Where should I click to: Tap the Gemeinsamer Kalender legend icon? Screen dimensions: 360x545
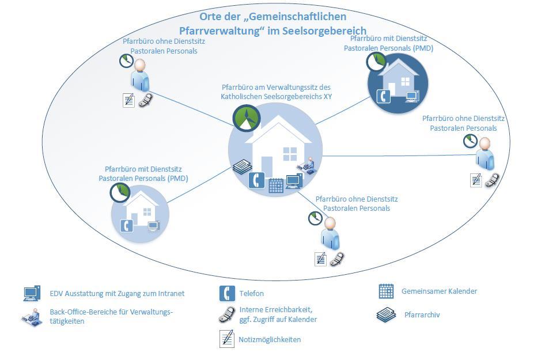pyautogui.click(x=386, y=291)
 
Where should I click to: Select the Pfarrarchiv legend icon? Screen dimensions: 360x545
pyautogui.click(x=386, y=315)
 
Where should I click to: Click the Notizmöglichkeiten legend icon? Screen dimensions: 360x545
pyautogui.click(x=227, y=339)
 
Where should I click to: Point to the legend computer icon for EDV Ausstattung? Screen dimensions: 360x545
pyautogui.click(x=32, y=293)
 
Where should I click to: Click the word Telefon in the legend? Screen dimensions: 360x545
pyautogui.click(x=252, y=294)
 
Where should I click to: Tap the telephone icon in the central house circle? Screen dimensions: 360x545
pyautogui.click(x=257, y=181)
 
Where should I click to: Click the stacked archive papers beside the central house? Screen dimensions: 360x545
pyautogui.click(x=241, y=167)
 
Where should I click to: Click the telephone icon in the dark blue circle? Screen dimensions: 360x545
pyautogui.click(x=383, y=96)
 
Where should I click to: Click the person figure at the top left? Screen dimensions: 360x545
pyautogui.click(x=139, y=75)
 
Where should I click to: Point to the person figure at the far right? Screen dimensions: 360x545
pyautogui.click(x=485, y=153)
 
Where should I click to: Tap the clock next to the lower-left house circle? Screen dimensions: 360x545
pyautogui.click(x=119, y=192)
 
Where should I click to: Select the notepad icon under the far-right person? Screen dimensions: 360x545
pyautogui.click(x=476, y=180)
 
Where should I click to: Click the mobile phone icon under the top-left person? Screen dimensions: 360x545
pyautogui.click(x=145, y=100)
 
